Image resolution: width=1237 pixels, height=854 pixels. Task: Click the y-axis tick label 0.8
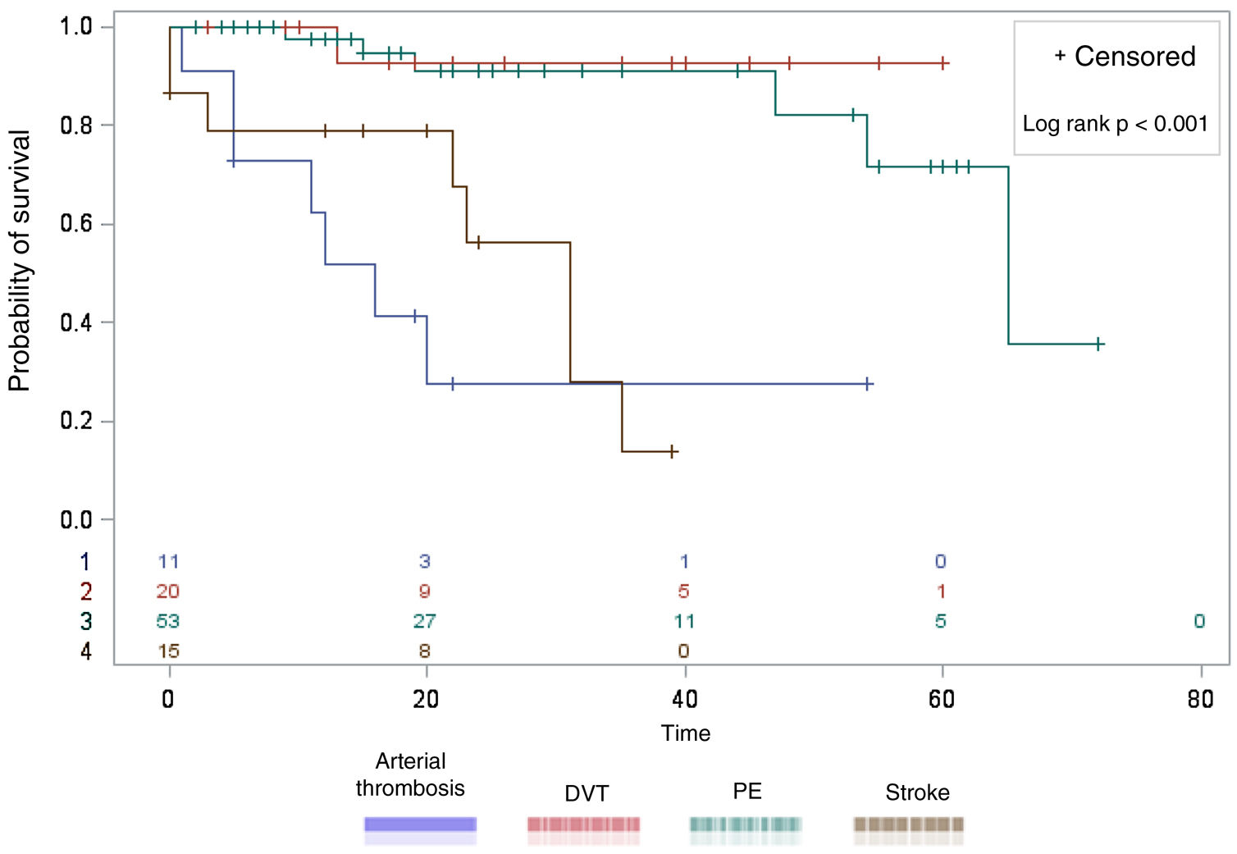[75, 126]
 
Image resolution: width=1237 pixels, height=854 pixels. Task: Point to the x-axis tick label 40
[684, 699]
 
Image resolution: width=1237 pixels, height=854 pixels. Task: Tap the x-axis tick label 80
[1200, 699]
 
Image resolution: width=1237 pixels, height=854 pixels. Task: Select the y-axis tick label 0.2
[75, 421]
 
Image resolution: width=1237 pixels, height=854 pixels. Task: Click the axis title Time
[686, 733]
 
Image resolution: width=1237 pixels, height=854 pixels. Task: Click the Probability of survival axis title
[19, 261]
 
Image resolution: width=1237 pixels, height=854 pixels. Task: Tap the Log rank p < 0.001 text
[1115, 124]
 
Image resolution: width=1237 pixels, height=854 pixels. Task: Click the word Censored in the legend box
[1134, 57]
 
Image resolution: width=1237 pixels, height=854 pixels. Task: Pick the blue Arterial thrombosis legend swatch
[420, 824]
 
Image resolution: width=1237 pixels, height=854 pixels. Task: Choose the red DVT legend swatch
[583, 824]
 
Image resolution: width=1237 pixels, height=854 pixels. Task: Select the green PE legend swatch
[746, 824]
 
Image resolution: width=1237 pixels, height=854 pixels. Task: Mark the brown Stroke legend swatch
[909, 824]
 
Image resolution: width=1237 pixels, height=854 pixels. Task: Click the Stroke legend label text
[917, 792]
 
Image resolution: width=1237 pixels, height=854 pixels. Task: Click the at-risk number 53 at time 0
[168, 621]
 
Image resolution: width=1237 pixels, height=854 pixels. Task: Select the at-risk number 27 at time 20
[424, 621]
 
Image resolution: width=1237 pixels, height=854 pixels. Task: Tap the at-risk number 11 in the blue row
[168, 562]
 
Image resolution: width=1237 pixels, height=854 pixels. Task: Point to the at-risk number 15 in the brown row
[168, 651]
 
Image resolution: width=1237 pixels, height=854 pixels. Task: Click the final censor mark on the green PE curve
[1098, 344]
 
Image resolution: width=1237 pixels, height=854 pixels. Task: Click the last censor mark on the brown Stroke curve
[672, 451]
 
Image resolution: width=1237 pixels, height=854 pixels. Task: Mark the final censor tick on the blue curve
[868, 384]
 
